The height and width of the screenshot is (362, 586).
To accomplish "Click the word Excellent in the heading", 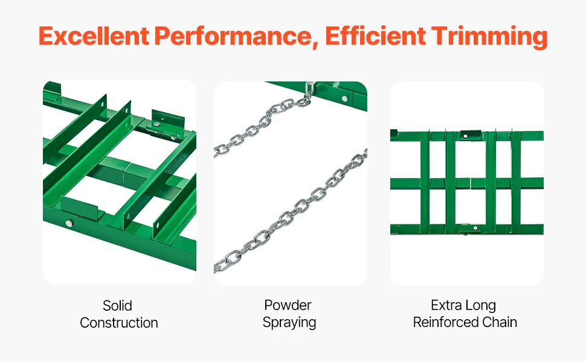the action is tap(94, 36).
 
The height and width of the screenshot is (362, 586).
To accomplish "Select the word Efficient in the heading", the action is tap(375, 36).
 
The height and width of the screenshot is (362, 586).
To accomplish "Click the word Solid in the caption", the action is tap(117, 306).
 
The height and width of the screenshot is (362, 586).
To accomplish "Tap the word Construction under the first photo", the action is tap(119, 323).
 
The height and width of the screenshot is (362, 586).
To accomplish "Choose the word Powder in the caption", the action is tap(288, 305).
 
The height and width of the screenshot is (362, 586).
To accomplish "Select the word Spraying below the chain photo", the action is tap(289, 323).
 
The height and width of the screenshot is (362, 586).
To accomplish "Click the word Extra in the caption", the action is tap(446, 305).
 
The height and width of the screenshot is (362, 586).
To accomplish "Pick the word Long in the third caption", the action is tap(481, 306).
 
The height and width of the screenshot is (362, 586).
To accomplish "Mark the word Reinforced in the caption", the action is tap(445, 322).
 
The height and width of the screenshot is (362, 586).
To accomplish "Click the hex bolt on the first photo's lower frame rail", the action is tap(69, 224).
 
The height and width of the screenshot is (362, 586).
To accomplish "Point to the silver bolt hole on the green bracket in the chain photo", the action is tap(344, 98).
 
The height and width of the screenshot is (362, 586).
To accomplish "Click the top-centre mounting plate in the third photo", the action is tap(471, 135).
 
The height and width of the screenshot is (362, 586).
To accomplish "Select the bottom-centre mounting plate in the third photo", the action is tap(470, 228).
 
